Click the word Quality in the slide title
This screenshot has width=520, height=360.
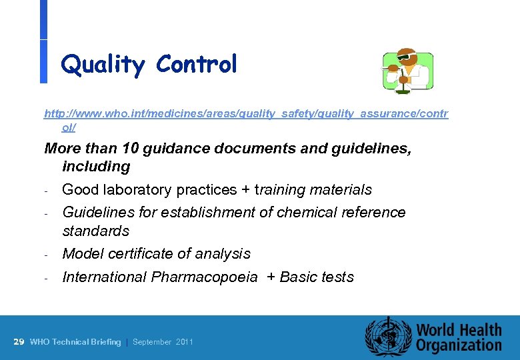pyautogui.click(x=102, y=65)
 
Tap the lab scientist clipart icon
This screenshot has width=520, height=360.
pyautogui.click(x=407, y=71)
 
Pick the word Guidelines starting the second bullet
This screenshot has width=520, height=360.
pyautogui.click(x=95, y=213)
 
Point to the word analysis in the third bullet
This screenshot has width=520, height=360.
pyautogui.click(x=224, y=254)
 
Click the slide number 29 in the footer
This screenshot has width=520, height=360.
pyautogui.click(x=19, y=342)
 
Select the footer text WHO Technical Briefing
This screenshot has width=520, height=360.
pyautogui.click(x=75, y=342)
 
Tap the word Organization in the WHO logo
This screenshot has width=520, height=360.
pyautogui.click(x=459, y=345)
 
